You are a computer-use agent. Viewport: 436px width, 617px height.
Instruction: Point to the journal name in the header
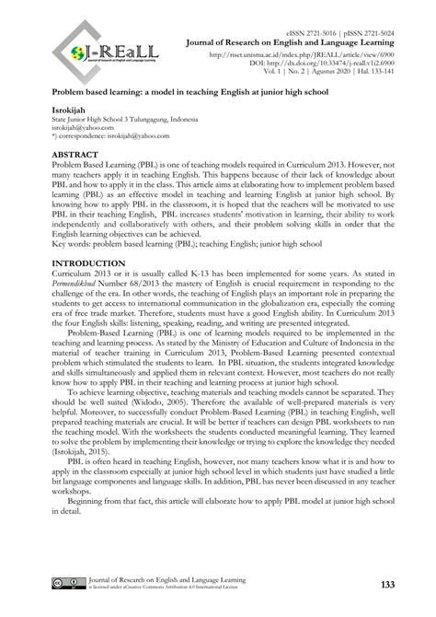[303, 41]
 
